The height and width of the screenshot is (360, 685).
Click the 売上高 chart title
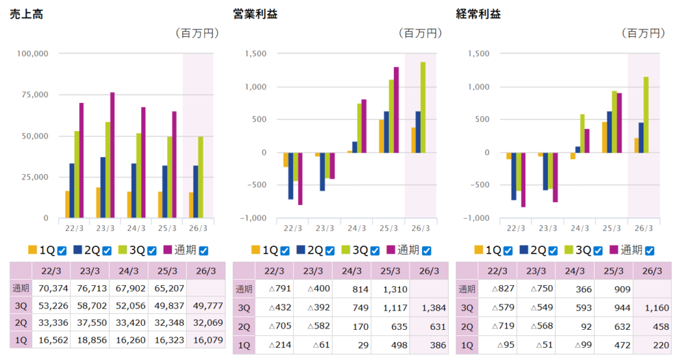pyautogui.click(x=27, y=13)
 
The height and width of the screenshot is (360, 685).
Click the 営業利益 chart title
pyautogui.click(x=255, y=13)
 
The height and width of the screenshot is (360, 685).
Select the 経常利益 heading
pyautogui.click(x=478, y=13)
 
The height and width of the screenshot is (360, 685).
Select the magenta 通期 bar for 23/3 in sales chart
pyautogui.click(x=112, y=155)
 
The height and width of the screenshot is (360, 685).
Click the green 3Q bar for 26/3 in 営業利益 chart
pyautogui.click(x=423, y=107)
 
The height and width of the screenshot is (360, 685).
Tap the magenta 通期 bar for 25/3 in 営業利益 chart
pyautogui.click(x=396, y=110)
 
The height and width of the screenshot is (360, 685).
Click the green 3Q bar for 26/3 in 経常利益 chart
pyautogui.click(x=646, y=114)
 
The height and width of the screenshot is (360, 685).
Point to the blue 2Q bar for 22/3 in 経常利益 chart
pyautogui.click(x=514, y=177)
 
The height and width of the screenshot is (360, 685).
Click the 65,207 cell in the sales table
pyautogui.click(x=166, y=289)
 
